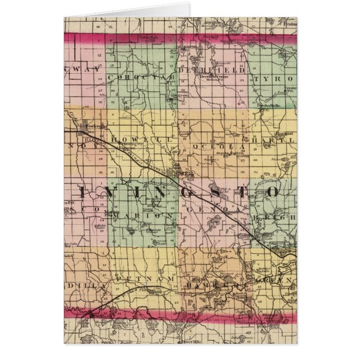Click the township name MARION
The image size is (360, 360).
[x=142, y=214]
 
